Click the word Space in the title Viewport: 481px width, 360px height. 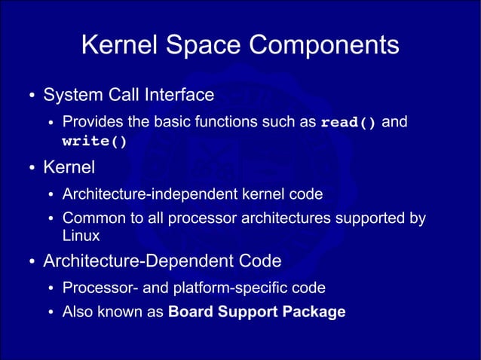click(202, 46)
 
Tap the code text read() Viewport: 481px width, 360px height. click(348, 123)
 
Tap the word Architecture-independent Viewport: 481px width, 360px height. click(142, 194)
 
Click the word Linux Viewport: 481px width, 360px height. click(81, 236)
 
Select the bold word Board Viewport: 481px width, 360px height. click(190, 312)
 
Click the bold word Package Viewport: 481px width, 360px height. click(315, 312)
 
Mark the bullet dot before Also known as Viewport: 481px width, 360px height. click(51, 313)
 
